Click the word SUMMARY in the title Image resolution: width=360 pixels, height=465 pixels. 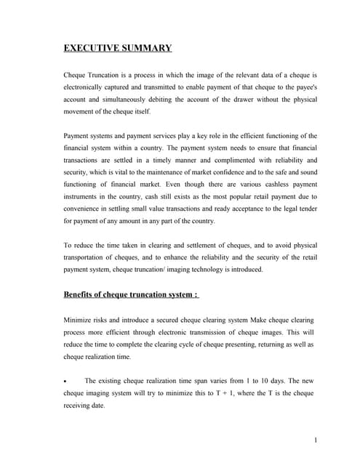[146, 49]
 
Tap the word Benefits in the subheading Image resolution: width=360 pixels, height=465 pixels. [83, 294]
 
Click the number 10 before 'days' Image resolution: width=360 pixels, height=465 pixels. [260, 381]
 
